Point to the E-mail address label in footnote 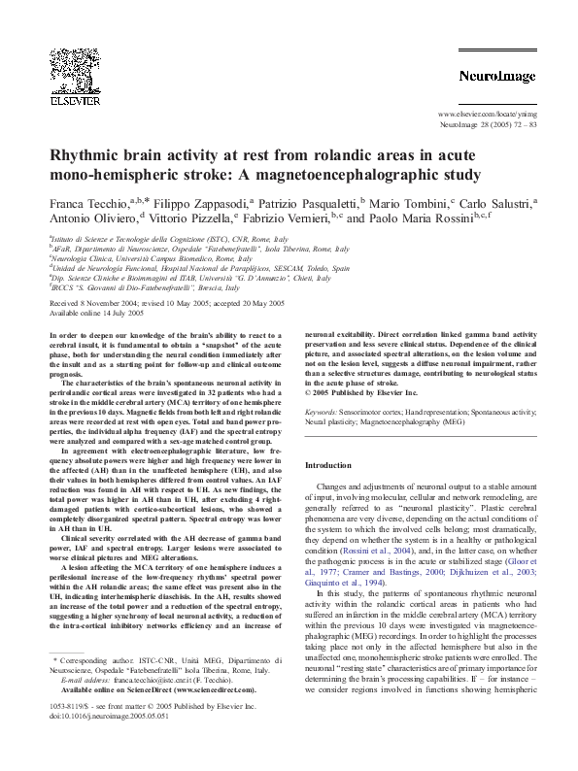coord(73,721)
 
